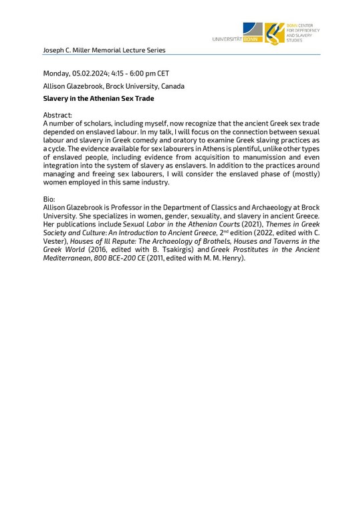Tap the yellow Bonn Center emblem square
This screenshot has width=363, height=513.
274,33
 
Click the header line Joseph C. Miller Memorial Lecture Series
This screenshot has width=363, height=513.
103,50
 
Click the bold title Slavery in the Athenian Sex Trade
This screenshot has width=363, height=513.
98,99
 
